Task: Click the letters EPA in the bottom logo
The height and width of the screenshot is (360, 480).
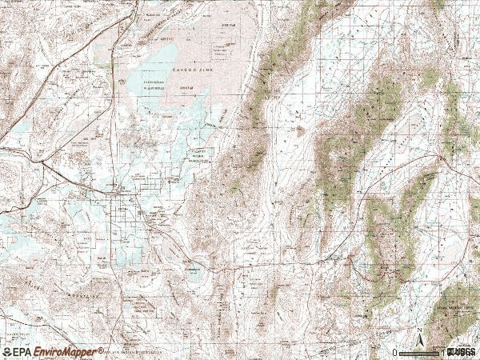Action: pyautogui.click(x=26, y=352)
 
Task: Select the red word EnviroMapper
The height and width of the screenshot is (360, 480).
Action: pyautogui.click(x=68, y=352)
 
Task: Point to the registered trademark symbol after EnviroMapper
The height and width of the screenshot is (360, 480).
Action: pyautogui.click(x=101, y=350)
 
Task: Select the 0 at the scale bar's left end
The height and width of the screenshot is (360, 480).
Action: pyautogui.click(x=395, y=352)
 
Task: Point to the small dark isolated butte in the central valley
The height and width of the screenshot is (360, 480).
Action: pyautogui.click(x=300, y=130)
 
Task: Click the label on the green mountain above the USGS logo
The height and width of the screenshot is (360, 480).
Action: pyautogui.click(x=453, y=306)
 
